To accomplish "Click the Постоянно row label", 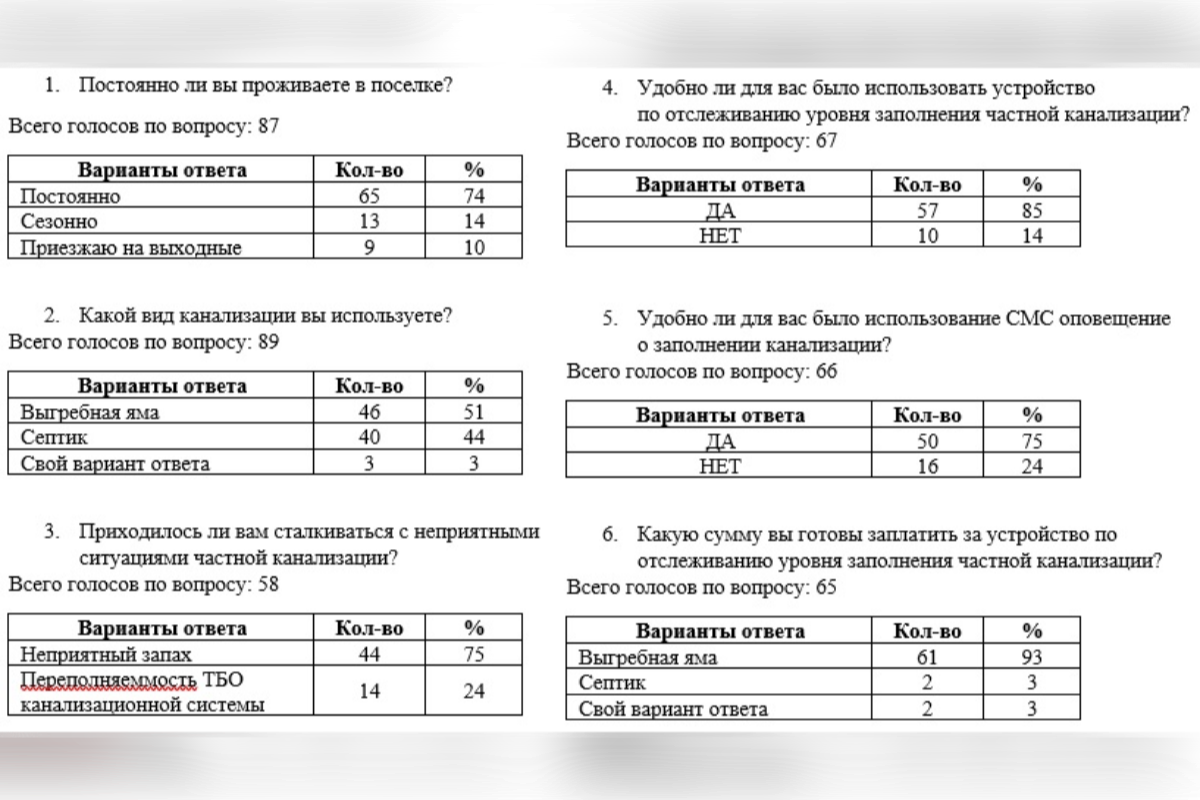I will coord(70,196).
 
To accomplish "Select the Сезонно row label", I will coord(59,222).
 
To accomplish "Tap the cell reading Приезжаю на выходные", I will coord(130,248).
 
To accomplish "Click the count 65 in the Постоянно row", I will coord(369,196).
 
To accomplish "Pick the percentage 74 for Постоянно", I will coord(474,196).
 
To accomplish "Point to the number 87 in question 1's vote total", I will coord(267,127).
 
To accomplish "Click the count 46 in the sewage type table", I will coord(369,412).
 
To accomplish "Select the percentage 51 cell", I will coord(474,412).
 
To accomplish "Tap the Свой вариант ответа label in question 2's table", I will coord(115,464).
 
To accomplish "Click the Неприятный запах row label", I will coord(105,655).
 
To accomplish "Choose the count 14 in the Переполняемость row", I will coord(369,691).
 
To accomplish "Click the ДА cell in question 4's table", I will coord(720,211).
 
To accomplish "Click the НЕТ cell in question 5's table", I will coord(720,467).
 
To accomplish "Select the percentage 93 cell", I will coord(1032,657).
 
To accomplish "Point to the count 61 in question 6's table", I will coord(927,657).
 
